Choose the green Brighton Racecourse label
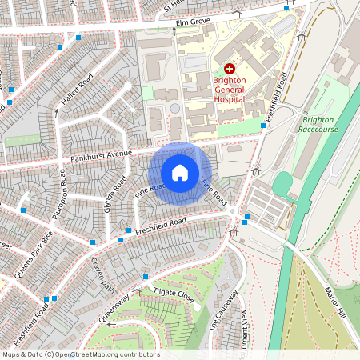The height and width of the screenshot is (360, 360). (x=320, y=123)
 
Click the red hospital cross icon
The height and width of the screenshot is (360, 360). (x=230, y=70)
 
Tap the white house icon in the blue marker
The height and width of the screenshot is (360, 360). (x=180, y=172)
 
